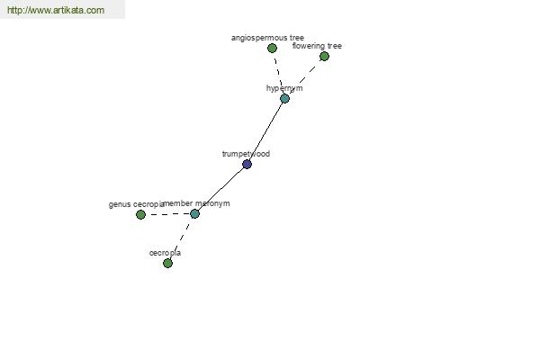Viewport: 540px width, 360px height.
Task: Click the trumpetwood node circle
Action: click(247, 164)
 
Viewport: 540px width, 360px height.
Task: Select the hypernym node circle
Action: click(284, 98)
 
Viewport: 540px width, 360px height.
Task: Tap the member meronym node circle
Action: click(194, 213)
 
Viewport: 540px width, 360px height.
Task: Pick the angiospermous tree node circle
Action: click(272, 48)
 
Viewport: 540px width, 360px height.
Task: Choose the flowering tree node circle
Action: click(324, 56)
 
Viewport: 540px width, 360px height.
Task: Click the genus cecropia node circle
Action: click(140, 214)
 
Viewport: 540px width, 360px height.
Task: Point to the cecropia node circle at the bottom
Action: click(167, 263)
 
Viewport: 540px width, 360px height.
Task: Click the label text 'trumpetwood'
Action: click(246, 154)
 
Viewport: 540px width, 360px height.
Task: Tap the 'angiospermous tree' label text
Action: click(267, 38)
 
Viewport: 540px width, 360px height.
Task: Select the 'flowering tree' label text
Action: click(317, 46)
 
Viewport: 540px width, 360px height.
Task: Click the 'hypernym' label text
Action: click(284, 88)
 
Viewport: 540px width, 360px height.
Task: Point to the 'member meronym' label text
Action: click(197, 203)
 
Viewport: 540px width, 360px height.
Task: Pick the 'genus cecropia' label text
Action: click(135, 204)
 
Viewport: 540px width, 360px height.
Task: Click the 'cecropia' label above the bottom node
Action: click(165, 253)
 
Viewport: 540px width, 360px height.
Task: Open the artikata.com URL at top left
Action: click(55, 11)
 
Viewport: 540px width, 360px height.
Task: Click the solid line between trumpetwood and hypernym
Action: click(265, 131)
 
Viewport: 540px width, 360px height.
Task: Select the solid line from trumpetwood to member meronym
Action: click(220, 189)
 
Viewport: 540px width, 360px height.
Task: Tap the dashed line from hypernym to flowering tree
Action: click(306, 76)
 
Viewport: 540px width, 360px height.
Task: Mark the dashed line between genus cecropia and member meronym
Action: click(167, 214)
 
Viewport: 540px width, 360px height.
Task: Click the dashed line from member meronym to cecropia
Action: click(181, 238)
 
